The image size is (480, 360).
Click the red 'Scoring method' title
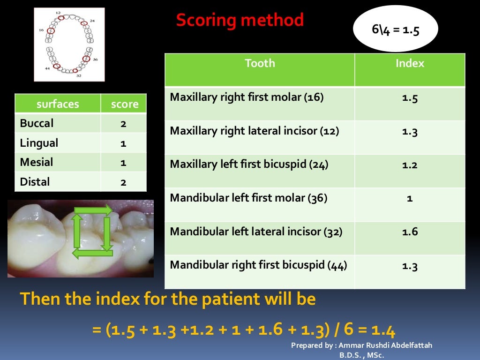tap(240, 20)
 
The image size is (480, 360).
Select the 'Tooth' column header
tap(260, 63)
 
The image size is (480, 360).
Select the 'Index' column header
tap(410, 63)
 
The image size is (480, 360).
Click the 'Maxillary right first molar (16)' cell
tap(247, 97)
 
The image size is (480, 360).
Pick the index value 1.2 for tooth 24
tap(410, 165)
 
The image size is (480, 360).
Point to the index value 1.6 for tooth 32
tap(410, 232)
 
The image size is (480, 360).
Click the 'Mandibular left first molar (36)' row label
tap(248, 198)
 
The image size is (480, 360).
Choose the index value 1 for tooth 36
tap(410, 198)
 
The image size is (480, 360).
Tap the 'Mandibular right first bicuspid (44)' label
tap(258, 265)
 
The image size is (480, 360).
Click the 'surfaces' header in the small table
tap(58, 104)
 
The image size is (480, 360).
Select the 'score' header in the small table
tap(124, 104)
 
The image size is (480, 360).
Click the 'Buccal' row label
tap(37, 123)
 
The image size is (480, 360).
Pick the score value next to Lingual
tap(123, 143)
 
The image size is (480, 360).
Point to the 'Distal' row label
tap(35, 181)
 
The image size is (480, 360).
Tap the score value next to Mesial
tap(123, 163)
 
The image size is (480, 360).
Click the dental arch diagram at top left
tap(69, 44)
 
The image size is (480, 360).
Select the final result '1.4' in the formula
tap(383, 331)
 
